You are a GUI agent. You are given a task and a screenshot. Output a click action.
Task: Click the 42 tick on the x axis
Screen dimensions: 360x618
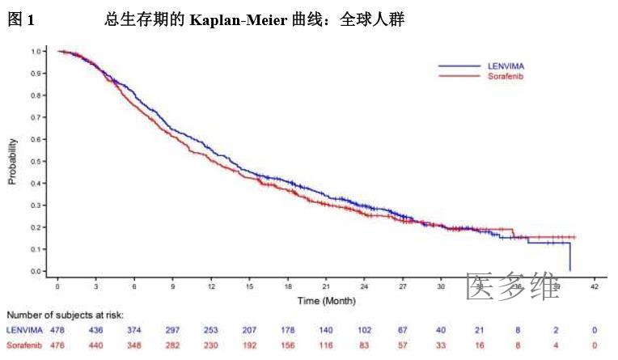(594, 287)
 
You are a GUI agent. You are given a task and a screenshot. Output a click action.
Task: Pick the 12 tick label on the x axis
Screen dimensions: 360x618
(211, 287)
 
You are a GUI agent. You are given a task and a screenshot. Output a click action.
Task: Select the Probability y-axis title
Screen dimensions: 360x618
(13, 161)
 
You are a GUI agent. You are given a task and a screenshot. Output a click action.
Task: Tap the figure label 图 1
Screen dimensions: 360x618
(21, 21)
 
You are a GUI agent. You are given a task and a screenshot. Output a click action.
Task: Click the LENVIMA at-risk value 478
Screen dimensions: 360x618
(57, 330)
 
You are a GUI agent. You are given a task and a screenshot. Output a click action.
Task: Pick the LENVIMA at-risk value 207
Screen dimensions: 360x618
(250, 330)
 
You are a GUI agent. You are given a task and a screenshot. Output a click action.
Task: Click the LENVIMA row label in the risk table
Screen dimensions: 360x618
(24, 330)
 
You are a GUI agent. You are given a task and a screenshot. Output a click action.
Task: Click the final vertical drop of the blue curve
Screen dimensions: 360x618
(570, 257)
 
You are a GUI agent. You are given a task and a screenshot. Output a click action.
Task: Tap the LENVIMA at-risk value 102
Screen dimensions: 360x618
(364, 330)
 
